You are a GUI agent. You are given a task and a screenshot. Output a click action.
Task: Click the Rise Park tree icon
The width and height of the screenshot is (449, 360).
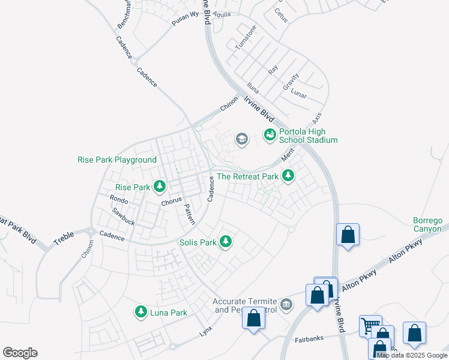coord(160,187)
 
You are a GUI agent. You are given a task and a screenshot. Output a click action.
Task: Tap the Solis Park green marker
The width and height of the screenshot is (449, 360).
coord(226,242)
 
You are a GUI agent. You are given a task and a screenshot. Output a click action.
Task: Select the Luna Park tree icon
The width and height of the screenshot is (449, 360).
coord(141,312)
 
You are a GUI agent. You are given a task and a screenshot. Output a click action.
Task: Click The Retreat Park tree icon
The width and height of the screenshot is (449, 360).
coord(289,176)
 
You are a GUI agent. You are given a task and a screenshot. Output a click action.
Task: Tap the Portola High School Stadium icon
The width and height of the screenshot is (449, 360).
coord(270,135)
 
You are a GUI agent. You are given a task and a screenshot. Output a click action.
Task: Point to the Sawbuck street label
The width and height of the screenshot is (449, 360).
coord(123,217)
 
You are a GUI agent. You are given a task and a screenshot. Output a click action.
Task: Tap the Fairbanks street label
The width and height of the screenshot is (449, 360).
coord(309,338)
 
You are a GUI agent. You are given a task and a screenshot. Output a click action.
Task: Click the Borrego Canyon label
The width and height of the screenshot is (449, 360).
coord(427,224)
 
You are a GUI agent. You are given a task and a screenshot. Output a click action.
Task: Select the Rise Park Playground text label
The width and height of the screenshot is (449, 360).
coord(116,160)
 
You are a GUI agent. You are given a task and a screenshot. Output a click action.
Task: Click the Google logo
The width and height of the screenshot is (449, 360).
coord(20,353)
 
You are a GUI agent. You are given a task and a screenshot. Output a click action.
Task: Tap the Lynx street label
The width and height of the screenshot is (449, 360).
coord(206,331)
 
